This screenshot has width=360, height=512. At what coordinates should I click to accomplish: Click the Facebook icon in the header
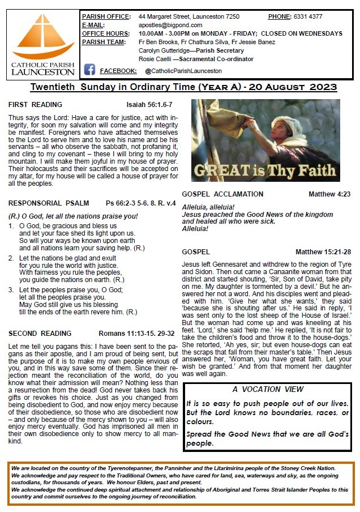coord(89,70)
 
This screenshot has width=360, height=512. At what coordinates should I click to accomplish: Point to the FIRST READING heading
coord(36,105)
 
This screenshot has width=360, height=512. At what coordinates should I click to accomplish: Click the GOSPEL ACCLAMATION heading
coord(222,194)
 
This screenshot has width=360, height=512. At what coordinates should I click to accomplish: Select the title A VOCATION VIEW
coord(268,390)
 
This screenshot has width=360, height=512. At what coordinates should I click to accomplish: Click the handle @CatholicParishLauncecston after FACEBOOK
coord(183,71)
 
